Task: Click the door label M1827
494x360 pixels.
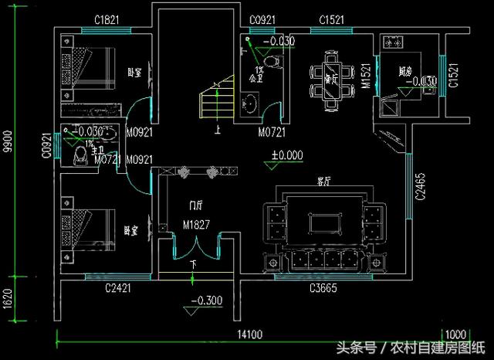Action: click(x=198, y=225)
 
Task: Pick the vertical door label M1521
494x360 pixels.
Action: click(x=368, y=76)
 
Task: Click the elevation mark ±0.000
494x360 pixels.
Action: click(x=286, y=155)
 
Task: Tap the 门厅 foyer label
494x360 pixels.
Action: click(x=197, y=206)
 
